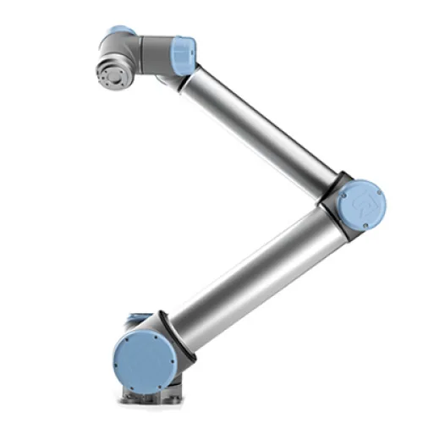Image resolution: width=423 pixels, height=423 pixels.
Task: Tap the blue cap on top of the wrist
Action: coord(121,31)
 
